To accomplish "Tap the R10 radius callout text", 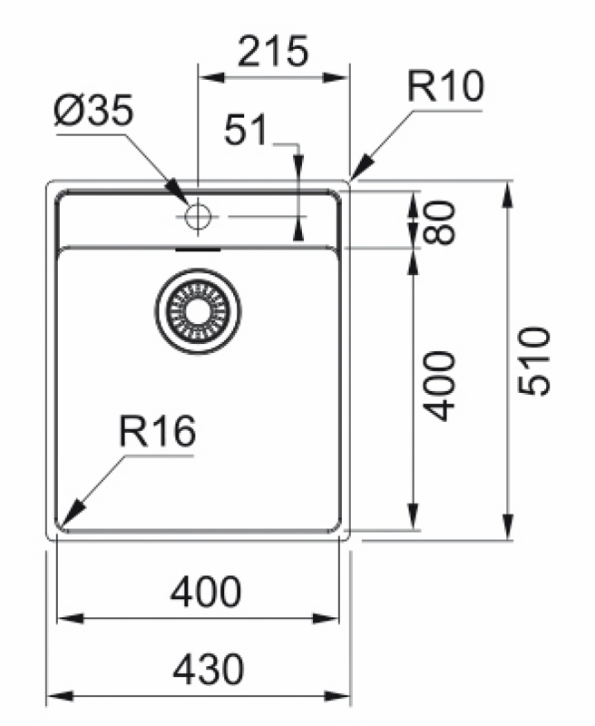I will tap(445, 88).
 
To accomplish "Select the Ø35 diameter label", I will tap(93, 113).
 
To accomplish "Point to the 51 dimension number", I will tap(246, 132).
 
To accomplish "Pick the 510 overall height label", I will tap(535, 360).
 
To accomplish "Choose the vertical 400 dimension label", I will tap(440, 386).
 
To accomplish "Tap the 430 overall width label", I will tap(208, 670).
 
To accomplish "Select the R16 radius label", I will tap(157, 433).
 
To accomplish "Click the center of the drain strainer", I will tap(197, 311).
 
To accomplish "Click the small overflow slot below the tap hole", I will tap(197, 245).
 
